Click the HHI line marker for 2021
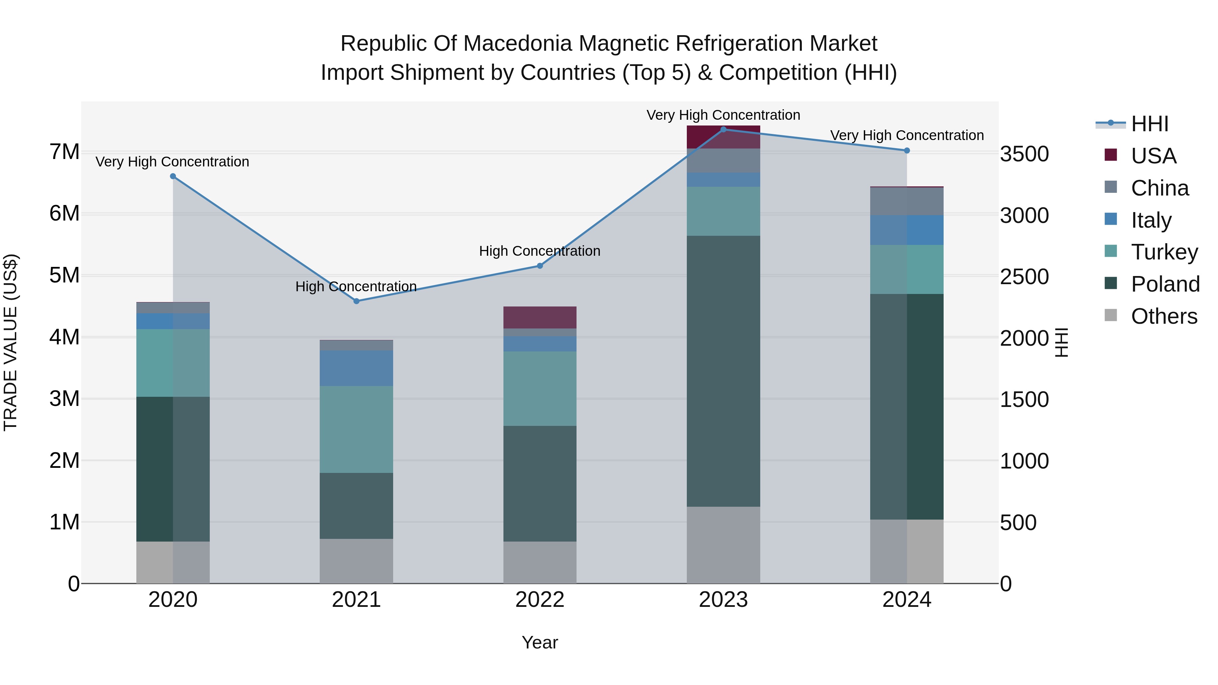(357, 301)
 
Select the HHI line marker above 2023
(723, 129)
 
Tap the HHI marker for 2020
(173, 176)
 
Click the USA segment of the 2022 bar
(540, 317)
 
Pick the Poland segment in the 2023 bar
(723, 371)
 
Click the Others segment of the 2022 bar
(540, 562)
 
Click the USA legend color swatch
(1111, 155)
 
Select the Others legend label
(1164, 316)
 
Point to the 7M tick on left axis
(65, 152)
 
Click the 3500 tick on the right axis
(1024, 154)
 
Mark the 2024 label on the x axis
(906, 600)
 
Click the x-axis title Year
(540, 642)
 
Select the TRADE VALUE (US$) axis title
(10, 342)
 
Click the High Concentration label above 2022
(540, 251)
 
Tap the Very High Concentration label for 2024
(906, 135)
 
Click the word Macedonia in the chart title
(518, 44)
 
